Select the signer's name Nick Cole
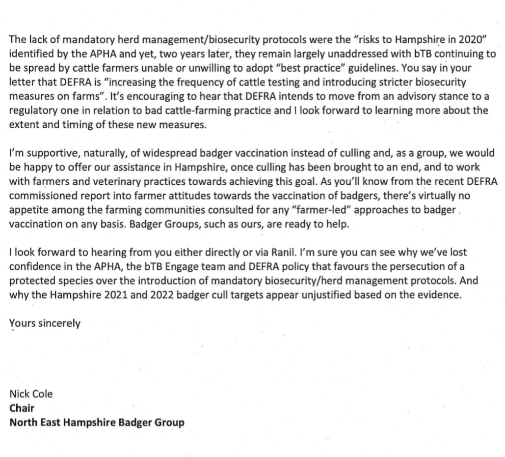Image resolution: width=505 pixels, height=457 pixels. coord(31,394)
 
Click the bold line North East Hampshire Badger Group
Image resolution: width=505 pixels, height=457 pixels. coord(97,422)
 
